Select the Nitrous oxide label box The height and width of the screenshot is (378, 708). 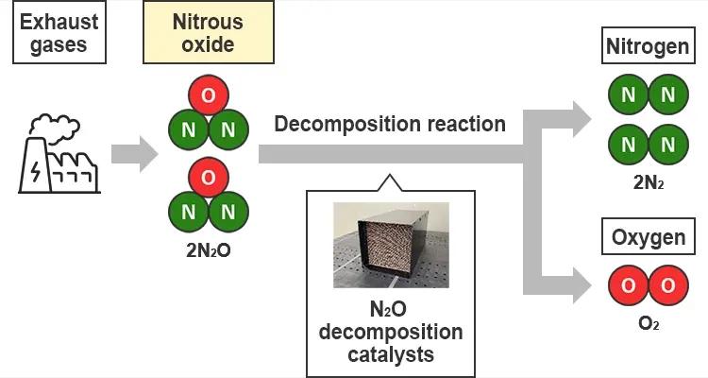click(207, 33)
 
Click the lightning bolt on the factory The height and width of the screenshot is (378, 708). click(36, 172)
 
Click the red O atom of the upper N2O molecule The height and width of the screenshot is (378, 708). click(208, 96)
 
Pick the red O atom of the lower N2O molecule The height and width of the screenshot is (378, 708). click(208, 177)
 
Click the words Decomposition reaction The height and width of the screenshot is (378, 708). click(390, 124)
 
